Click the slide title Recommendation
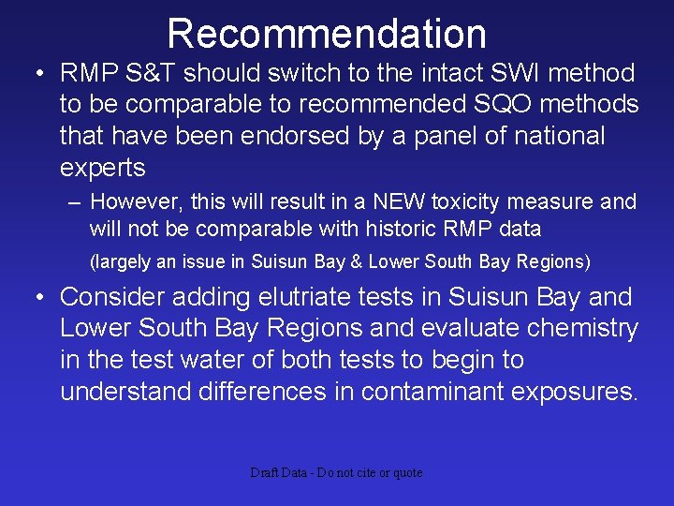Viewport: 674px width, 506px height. (327, 34)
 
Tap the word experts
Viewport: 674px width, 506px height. (103, 169)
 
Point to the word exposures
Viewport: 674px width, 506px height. (572, 392)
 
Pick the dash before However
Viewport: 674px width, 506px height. (73, 202)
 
